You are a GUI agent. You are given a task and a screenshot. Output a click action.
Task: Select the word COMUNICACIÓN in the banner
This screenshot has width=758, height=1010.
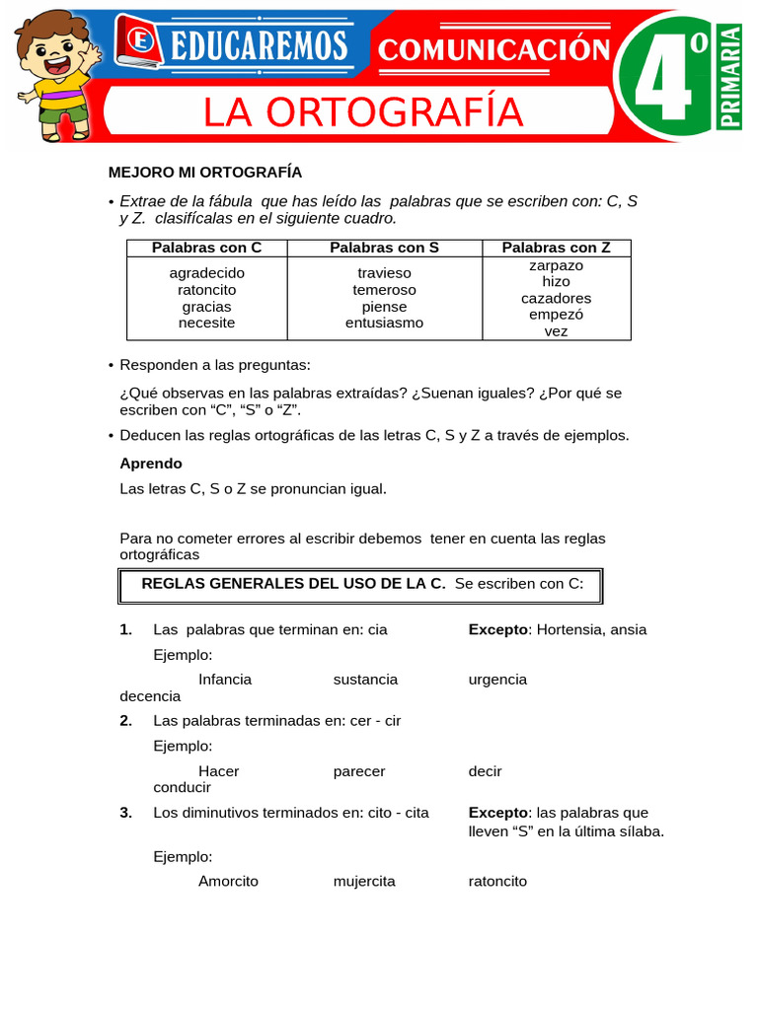pyautogui.click(x=493, y=48)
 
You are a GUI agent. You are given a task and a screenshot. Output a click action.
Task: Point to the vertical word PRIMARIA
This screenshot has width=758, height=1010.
pyautogui.click(x=731, y=77)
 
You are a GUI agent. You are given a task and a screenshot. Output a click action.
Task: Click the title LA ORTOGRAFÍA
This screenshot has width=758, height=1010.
pyautogui.click(x=362, y=112)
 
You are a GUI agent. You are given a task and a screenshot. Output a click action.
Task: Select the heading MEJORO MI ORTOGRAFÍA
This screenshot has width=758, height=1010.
pyautogui.click(x=204, y=172)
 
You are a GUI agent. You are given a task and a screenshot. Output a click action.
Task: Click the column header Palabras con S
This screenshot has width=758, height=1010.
pyautogui.click(x=384, y=248)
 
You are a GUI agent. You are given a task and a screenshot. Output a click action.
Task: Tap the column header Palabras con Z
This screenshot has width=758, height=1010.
pyautogui.click(x=556, y=248)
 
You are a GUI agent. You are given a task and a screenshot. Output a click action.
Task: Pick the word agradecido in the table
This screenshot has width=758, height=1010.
pyautogui.click(x=206, y=273)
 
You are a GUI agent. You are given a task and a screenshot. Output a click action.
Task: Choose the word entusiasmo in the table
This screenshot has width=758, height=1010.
pyautogui.click(x=384, y=323)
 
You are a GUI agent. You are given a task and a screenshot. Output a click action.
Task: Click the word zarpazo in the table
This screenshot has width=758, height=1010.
pyautogui.click(x=556, y=265)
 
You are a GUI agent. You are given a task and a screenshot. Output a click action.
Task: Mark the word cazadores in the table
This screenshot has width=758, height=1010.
pyautogui.click(x=556, y=298)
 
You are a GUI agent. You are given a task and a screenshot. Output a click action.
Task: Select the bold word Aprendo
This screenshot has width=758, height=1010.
pyautogui.click(x=151, y=464)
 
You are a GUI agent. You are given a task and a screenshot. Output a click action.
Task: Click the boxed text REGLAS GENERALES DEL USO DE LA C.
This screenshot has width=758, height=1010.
pyautogui.click(x=293, y=584)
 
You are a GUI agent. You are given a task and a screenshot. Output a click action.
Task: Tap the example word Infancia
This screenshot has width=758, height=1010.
pyautogui.click(x=225, y=680)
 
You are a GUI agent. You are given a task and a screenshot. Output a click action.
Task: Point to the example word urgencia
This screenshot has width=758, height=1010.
pyautogui.click(x=497, y=680)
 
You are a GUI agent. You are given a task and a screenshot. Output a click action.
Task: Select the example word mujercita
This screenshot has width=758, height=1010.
pyautogui.click(x=364, y=881)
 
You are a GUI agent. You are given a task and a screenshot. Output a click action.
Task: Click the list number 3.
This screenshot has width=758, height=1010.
pyautogui.click(x=125, y=813)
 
